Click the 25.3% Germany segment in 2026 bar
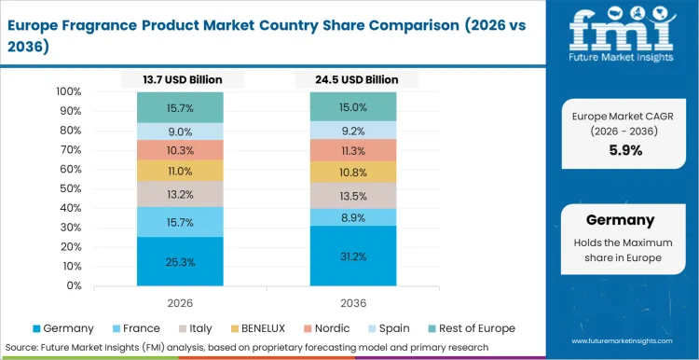[x=181, y=262]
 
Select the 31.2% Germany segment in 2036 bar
[x=353, y=256]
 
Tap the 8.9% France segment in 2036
[x=353, y=217]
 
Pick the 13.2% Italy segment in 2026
[x=181, y=194]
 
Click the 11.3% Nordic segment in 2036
[x=353, y=150]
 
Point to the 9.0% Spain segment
[x=181, y=132]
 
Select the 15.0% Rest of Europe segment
[x=353, y=107]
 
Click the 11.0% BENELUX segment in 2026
[x=181, y=171]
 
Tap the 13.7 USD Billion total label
[x=181, y=80]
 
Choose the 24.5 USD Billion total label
[x=353, y=80]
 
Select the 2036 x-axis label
[x=353, y=302]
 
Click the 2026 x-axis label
[x=181, y=302]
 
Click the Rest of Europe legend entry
[x=471, y=328]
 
